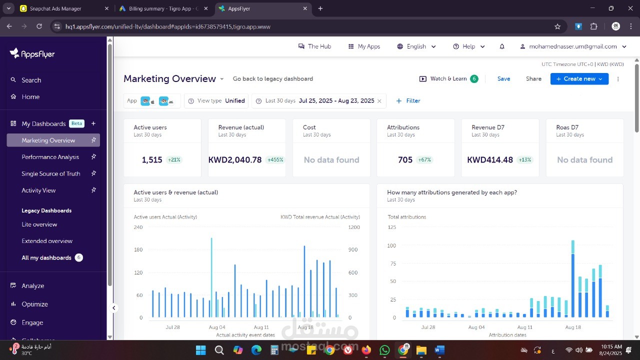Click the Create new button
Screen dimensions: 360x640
[579, 79]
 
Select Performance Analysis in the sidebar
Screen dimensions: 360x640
[50, 157]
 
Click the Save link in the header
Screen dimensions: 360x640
[503, 79]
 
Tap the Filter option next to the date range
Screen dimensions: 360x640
[408, 101]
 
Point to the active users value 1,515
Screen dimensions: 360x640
[152, 160]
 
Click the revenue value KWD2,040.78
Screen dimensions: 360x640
[235, 160]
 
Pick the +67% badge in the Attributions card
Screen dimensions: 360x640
[424, 160]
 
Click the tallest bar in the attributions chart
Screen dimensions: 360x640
[573, 280]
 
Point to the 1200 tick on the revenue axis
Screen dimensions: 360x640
[354, 227]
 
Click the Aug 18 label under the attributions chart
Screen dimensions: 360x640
[573, 327]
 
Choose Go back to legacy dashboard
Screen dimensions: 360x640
[272, 79]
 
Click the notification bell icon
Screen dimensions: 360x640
[502, 46]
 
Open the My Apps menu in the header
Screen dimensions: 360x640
[364, 46]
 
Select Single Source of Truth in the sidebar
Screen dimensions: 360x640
[50, 173]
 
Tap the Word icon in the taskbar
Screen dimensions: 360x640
[439, 350]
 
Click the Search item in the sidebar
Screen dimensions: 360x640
[31, 80]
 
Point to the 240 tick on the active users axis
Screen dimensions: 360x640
[138, 227]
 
